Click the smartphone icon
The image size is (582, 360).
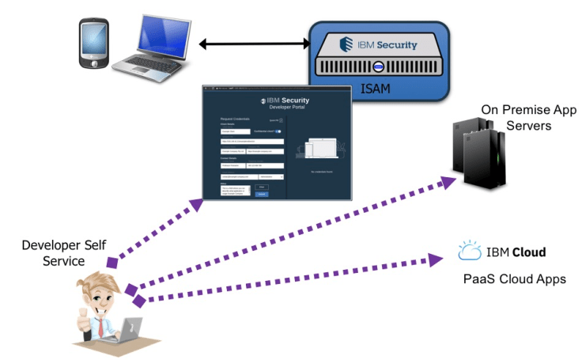93,47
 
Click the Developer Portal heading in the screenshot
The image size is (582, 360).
285,108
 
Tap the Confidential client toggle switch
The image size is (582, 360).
280,130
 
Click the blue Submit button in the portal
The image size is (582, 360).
262,193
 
